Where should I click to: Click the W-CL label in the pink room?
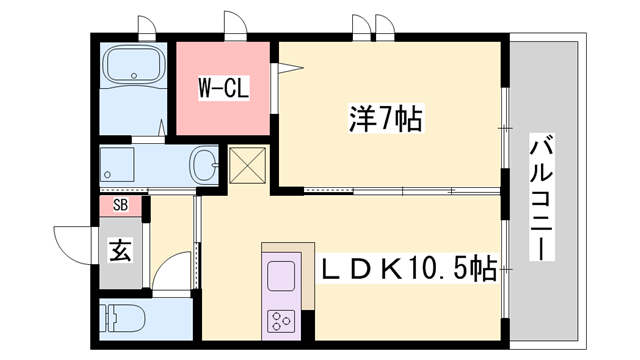tap(223, 87)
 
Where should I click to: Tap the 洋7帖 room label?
tap(386, 121)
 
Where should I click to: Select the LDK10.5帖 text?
tap(409, 269)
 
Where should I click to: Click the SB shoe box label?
tap(121, 206)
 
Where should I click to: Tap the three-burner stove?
tap(279, 320)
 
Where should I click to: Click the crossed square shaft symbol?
tap(246, 166)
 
